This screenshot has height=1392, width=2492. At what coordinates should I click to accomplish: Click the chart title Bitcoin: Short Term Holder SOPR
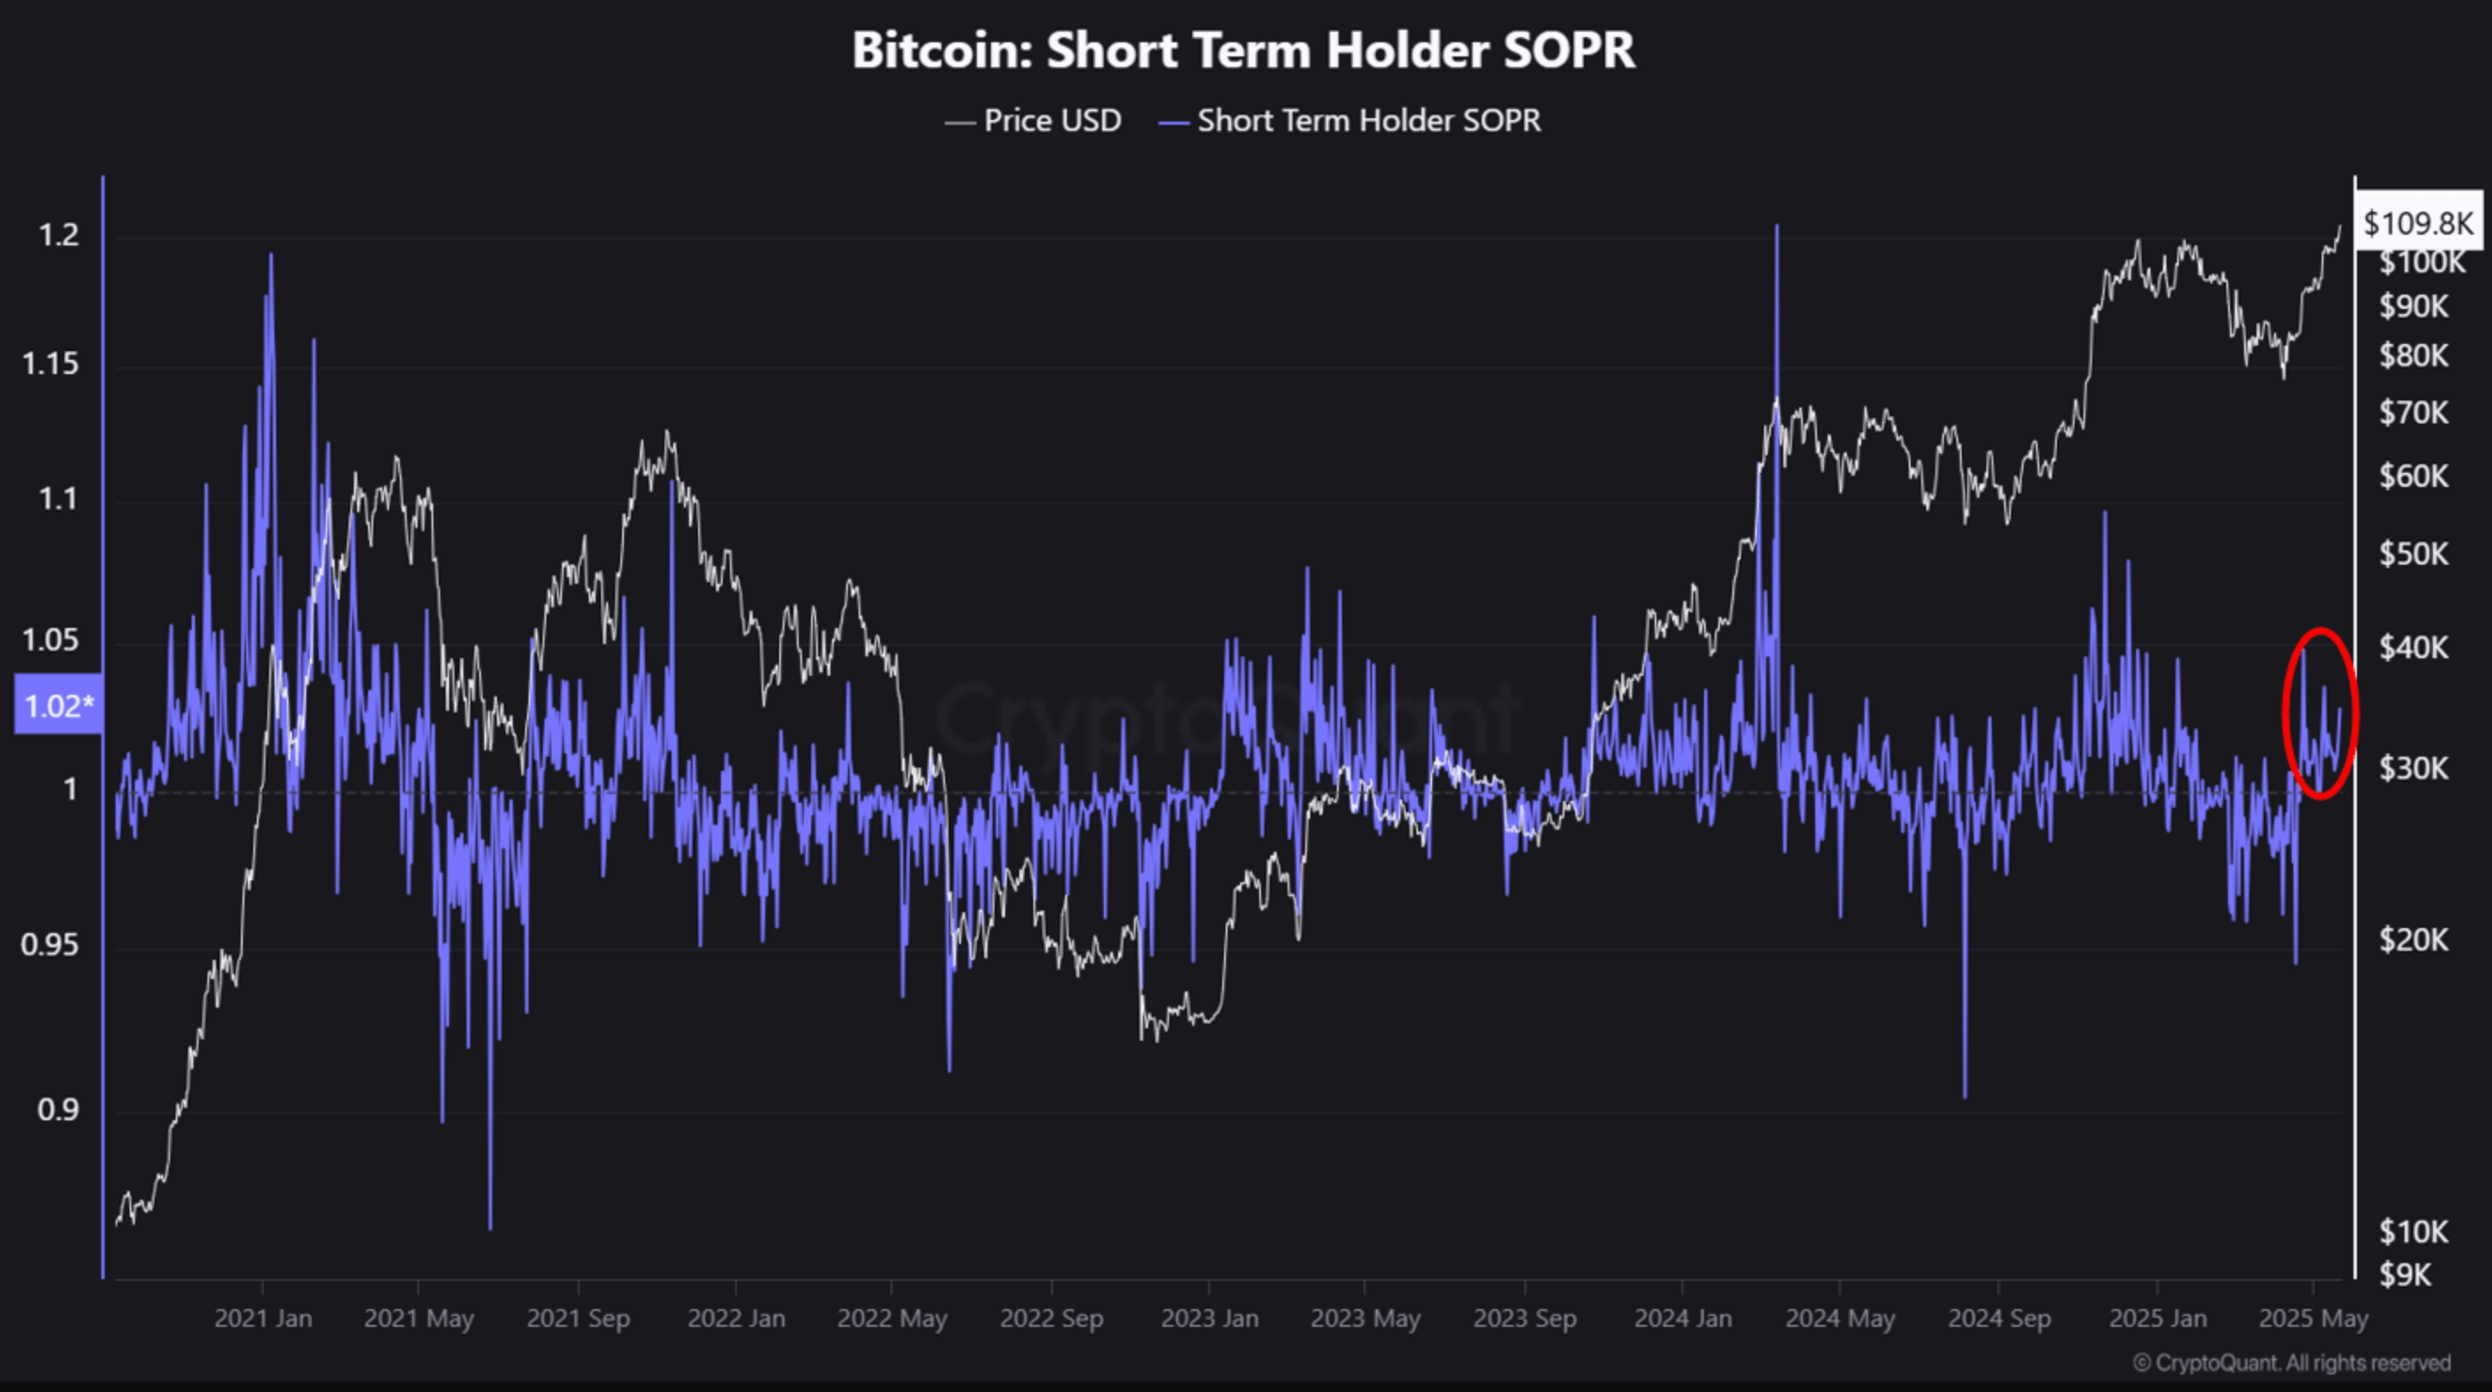coord(1243,50)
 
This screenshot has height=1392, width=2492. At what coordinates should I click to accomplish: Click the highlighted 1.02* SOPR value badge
coord(58,705)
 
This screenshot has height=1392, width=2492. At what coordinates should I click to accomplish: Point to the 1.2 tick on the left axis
coord(58,235)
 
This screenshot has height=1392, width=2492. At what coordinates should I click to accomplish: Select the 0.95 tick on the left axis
coord(50,944)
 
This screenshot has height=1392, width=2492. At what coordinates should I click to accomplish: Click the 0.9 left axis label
coord(58,1110)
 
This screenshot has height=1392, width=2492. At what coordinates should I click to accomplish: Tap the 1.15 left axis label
coord(50,364)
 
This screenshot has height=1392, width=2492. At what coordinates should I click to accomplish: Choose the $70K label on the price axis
coord(2413,413)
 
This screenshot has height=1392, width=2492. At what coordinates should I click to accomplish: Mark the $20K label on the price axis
coord(2413,939)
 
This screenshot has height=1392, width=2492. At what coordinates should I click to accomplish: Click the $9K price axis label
coord(2406,1275)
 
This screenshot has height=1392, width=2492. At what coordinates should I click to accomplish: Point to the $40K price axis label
coord(2413,647)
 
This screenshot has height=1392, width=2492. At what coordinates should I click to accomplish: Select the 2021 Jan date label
coord(263,1319)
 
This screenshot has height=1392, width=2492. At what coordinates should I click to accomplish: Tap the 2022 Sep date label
coord(1052,1319)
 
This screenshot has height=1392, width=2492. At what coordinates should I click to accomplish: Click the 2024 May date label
coord(1840,1319)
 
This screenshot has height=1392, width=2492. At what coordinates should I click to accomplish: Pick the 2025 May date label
coord(2313,1319)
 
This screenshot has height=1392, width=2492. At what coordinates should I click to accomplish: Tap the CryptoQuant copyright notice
coord(2292,1363)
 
